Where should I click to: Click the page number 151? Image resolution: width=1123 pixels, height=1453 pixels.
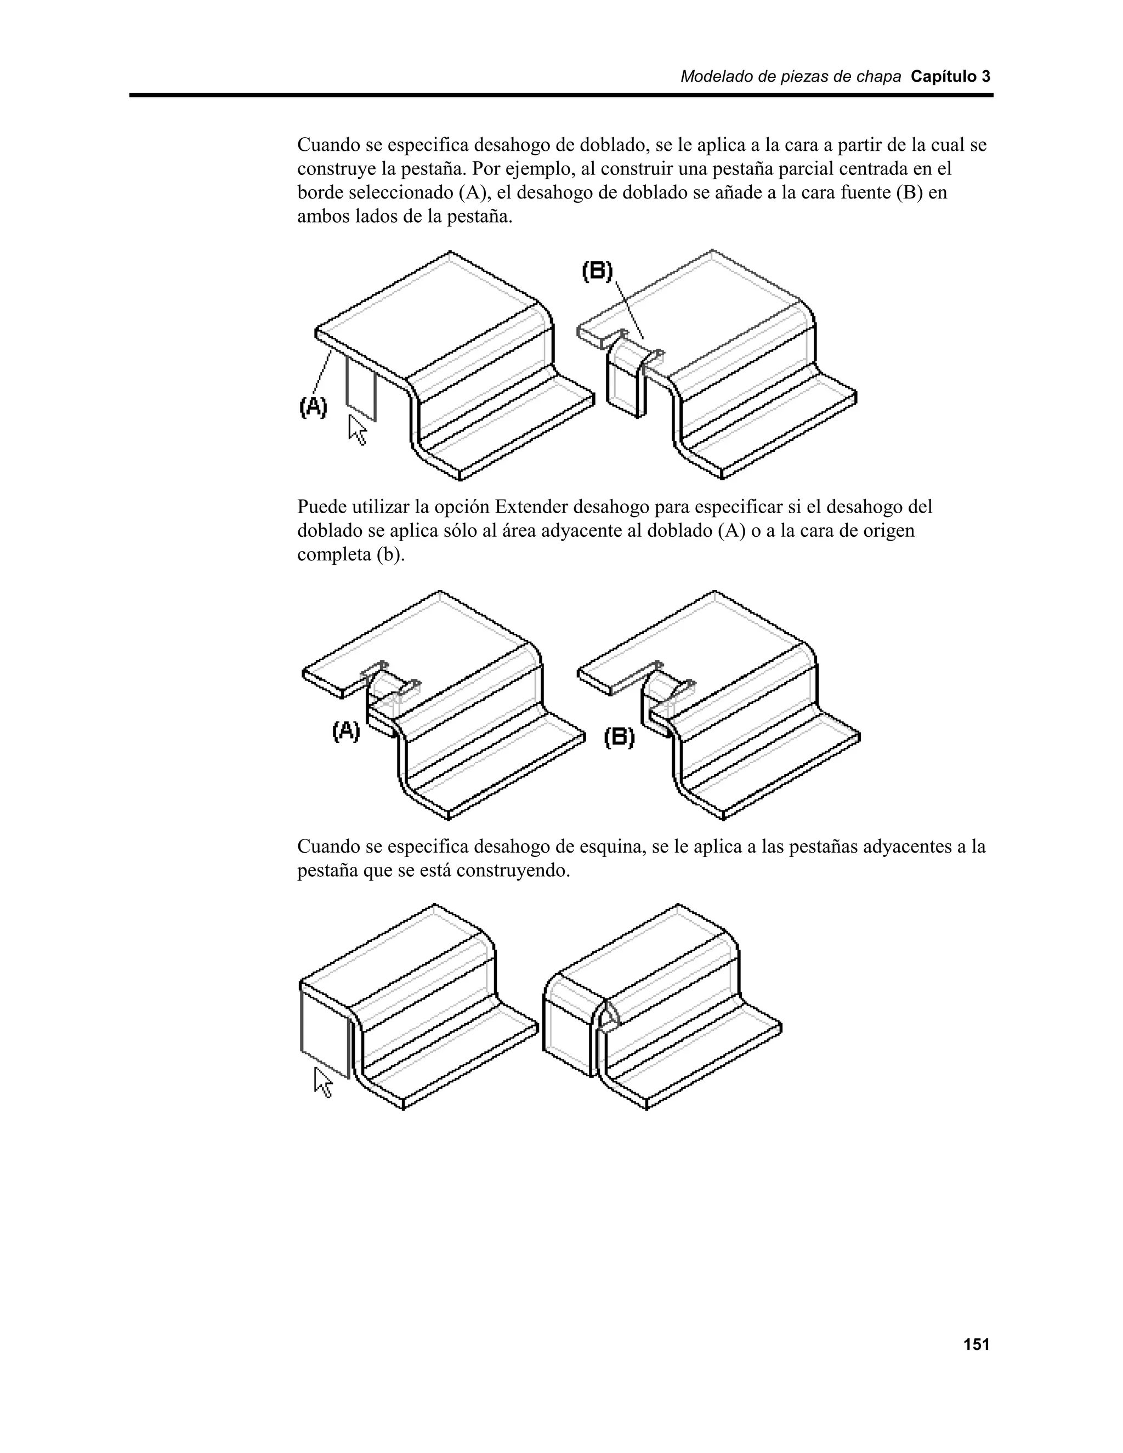tap(976, 1344)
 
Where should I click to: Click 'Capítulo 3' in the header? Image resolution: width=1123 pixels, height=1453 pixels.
tap(950, 77)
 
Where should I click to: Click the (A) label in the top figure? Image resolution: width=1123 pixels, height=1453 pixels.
tap(313, 406)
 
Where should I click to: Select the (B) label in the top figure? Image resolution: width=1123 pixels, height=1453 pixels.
tap(597, 271)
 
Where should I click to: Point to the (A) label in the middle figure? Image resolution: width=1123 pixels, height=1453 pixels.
tap(345, 732)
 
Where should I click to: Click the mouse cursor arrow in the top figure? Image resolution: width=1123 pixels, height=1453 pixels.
tap(358, 430)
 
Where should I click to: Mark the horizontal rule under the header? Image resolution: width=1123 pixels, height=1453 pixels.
tap(561, 96)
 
